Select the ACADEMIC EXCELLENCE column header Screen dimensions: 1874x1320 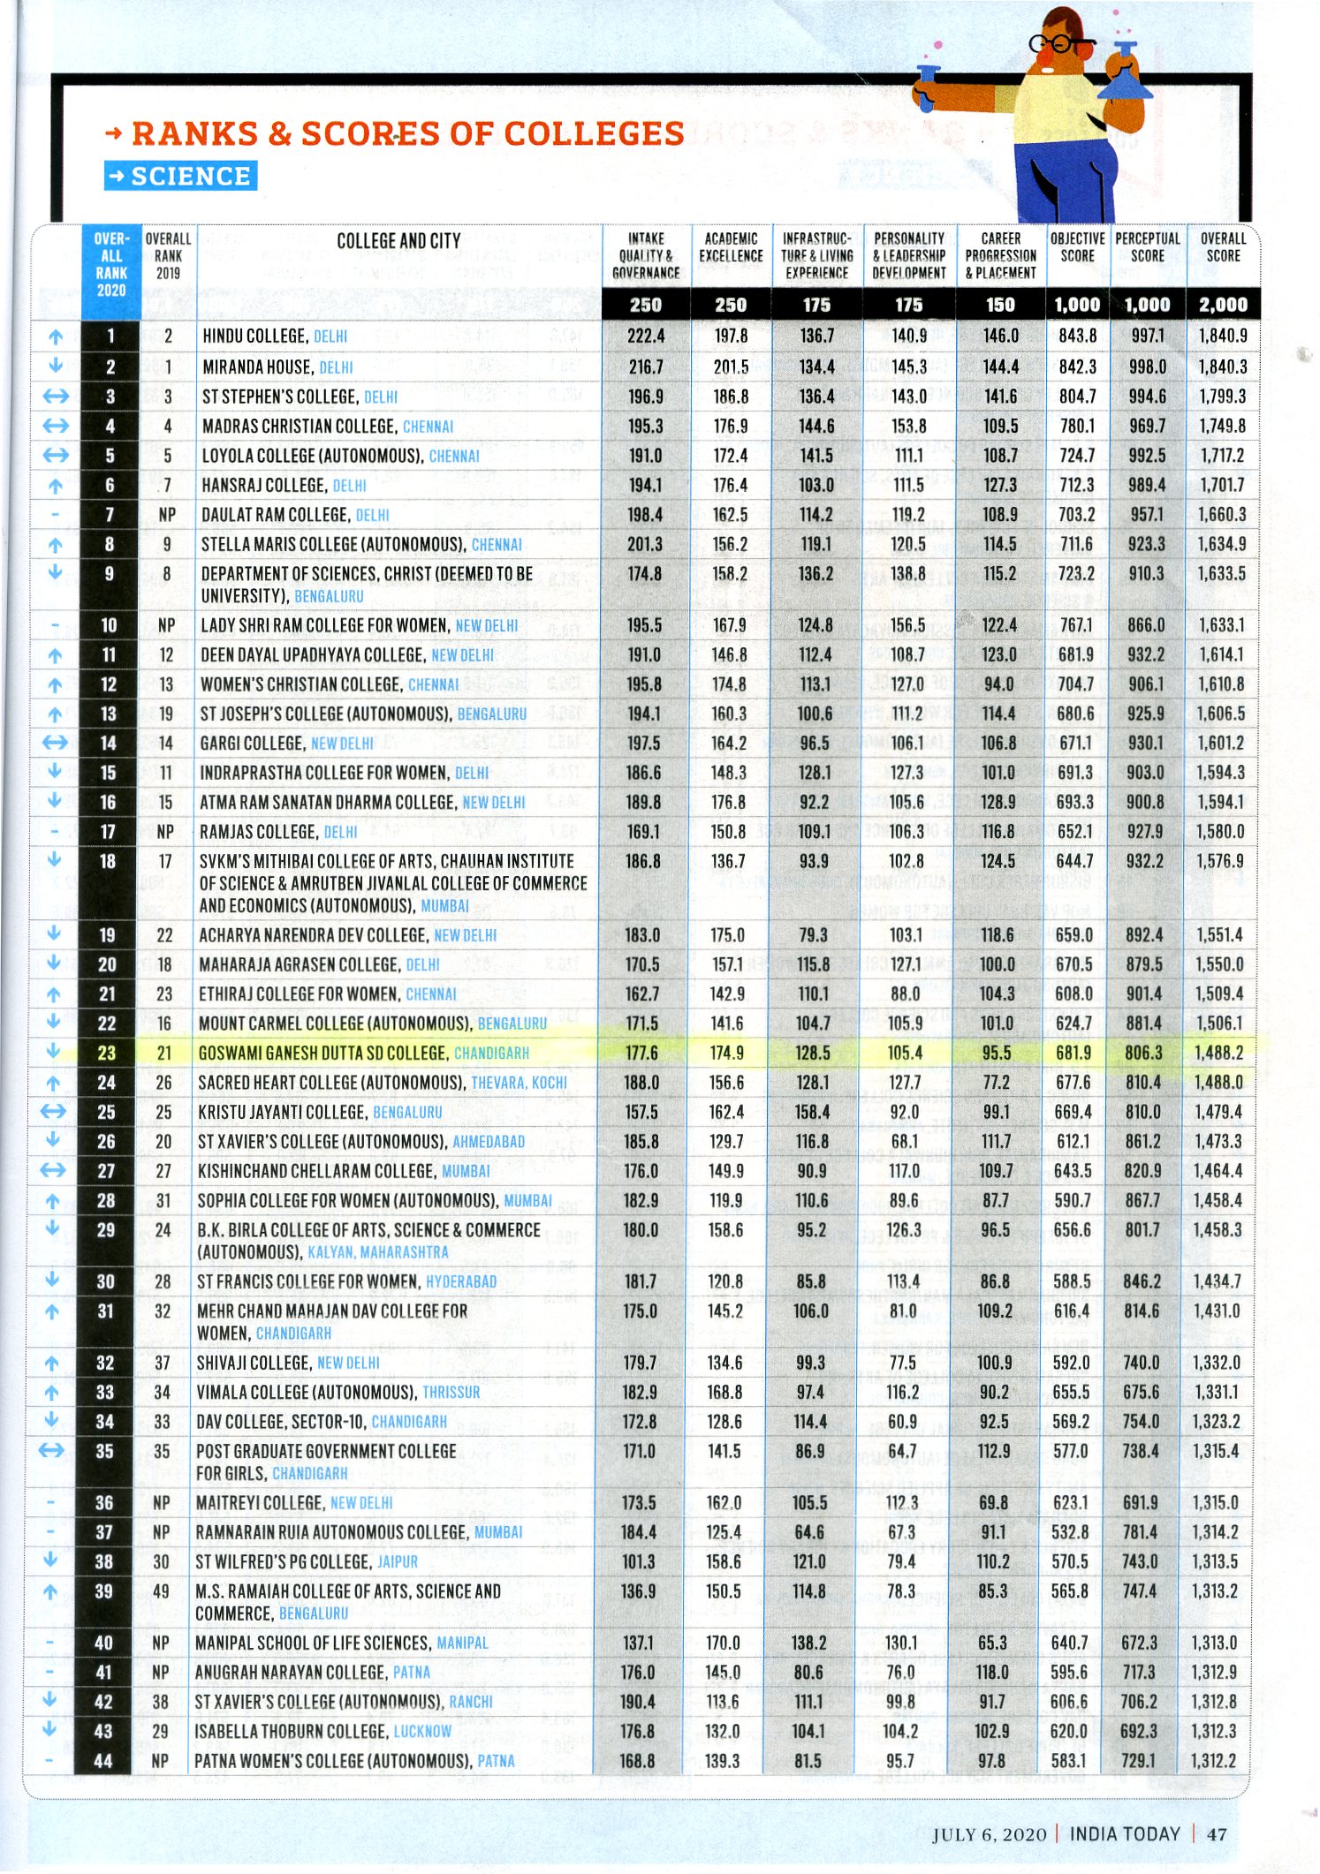pyautogui.click(x=731, y=247)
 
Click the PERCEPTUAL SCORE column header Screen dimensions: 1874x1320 pyautogui.click(x=1147, y=247)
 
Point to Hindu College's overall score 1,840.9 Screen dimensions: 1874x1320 pyautogui.click(x=1223, y=336)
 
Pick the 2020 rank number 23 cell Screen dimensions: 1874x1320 pyautogui.click(x=107, y=1053)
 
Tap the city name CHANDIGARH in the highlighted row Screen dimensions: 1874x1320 pyautogui.click(x=491, y=1053)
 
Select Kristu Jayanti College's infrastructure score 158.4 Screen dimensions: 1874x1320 pyautogui.click(x=812, y=1112)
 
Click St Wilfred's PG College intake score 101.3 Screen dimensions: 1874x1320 pyautogui.click(x=638, y=1561)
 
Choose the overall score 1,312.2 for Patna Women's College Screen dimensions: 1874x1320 pyautogui.click(x=1213, y=1761)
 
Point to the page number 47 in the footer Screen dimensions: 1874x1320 pyautogui.click(x=1217, y=1833)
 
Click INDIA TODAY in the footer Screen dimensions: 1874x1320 pyautogui.click(x=1125, y=1833)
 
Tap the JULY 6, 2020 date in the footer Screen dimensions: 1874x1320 pyautogui.click(x=989, y=1834)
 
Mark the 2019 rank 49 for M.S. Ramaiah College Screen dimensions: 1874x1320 pyautogui.click(x=161, y=1591)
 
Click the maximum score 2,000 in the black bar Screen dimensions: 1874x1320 pyautogui.click(x=1223, y=305)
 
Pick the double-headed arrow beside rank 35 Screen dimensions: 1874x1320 pyautogui.click(x=52, y=1451)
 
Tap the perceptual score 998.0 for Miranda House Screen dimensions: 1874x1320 pyautogui.click(x=1147, y=366)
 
